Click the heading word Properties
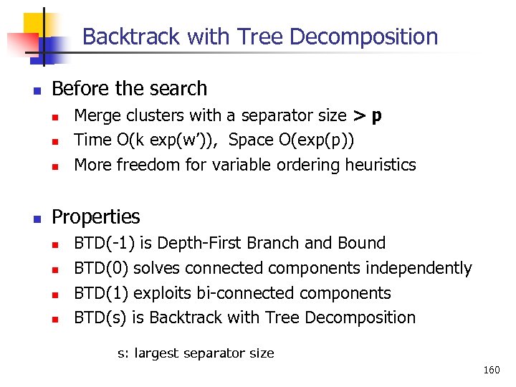96,216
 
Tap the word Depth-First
196,243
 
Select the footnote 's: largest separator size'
196,353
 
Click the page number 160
491,371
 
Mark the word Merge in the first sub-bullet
97,115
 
